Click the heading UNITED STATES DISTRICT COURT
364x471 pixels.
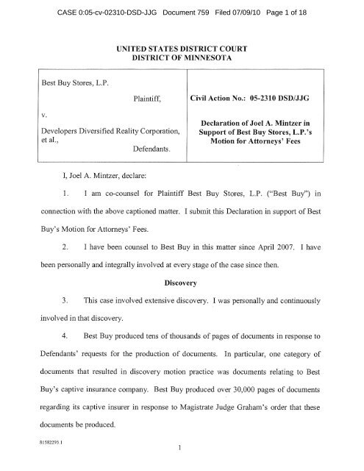click(182, 48)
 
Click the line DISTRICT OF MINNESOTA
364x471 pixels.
click(182, 60)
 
